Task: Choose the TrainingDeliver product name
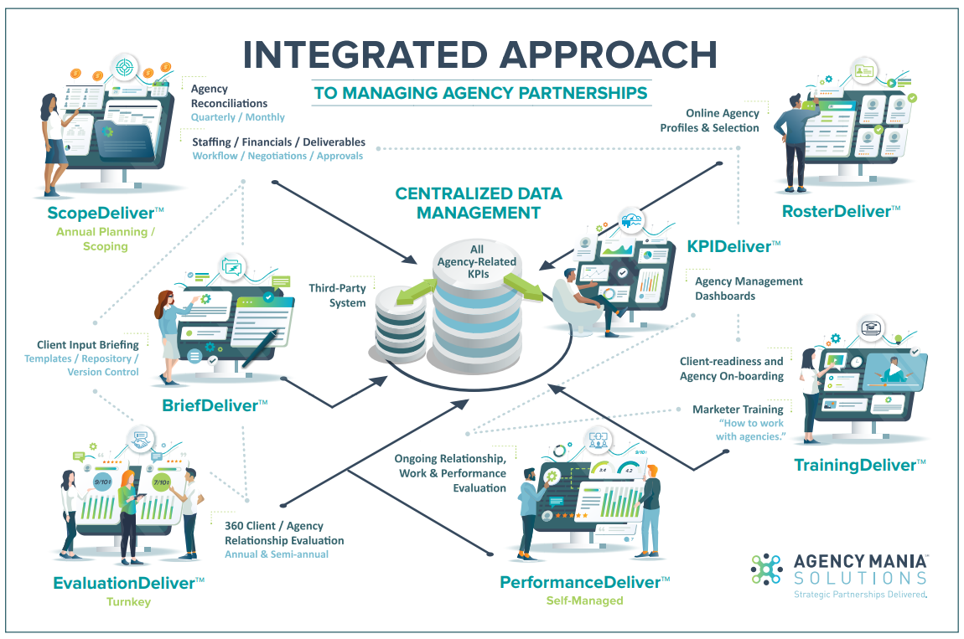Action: point(859,464)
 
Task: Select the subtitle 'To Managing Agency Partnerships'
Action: point(480,92)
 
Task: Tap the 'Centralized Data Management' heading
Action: point(479,203)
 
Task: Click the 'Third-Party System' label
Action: point(338,295)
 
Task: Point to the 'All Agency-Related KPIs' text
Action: point(477,261)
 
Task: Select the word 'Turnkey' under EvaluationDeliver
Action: point(128,601)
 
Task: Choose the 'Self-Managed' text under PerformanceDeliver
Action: point(584,600)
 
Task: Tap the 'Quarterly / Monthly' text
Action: point(237,117)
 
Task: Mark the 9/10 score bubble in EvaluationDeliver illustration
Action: point(102,482)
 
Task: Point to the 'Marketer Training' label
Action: point(738,410)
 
